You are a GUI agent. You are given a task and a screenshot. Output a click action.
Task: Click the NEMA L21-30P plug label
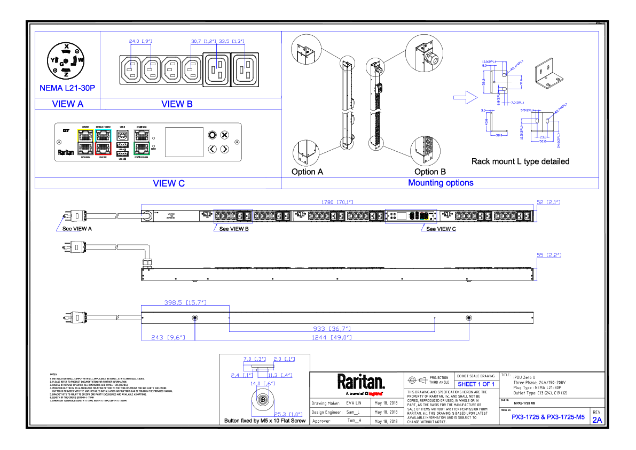(x=67, y=88)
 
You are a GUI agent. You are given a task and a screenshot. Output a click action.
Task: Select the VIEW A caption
(x=67, y=104)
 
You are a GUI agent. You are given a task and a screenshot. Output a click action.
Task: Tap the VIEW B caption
(x=177, y=104)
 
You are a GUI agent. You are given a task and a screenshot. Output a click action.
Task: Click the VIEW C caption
(x=169, y=183)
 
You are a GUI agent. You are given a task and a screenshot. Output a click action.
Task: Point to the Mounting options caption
(x=441, y=183)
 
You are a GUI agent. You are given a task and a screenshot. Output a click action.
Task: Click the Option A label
(x=307, y=172)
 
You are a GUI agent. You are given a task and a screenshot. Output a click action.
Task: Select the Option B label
(x=430, y=172)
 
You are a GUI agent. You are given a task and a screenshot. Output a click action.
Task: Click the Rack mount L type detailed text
(x=520, y=161)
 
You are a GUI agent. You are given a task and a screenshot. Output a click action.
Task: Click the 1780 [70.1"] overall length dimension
(x=337, y=203)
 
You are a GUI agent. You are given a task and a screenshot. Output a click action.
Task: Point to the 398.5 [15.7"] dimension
(x=185, y=303)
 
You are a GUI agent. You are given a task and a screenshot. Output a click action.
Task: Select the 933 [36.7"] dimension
(x=332, y=329)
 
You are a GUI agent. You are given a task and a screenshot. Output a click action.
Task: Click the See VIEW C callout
(x=441, y=229)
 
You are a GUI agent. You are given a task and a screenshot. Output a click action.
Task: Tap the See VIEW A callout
(x=77, y=229)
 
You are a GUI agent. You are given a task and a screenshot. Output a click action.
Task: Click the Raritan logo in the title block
(x=361, y=382)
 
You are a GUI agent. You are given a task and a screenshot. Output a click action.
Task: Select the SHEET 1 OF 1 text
(x=476, y=384)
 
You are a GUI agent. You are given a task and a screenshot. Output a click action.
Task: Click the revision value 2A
(x=597, y=420)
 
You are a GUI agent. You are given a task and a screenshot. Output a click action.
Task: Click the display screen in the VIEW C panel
(x=184, y=142)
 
